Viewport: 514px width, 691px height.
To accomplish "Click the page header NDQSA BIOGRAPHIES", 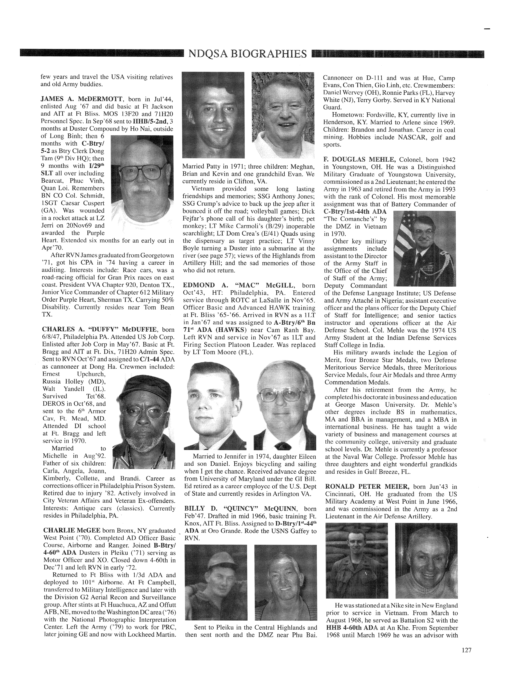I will (x=248, y=54).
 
